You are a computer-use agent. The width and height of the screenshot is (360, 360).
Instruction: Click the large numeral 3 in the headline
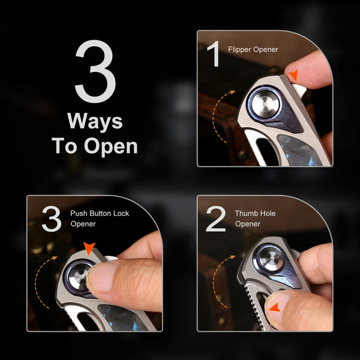95,71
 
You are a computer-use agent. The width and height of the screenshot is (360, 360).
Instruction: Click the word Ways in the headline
95,121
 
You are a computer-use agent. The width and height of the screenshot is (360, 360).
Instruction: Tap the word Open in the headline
110,147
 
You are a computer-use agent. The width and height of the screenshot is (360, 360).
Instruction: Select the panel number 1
214,54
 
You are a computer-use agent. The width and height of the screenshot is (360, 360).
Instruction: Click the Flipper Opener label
253,50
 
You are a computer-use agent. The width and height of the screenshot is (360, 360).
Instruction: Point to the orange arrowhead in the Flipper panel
293,75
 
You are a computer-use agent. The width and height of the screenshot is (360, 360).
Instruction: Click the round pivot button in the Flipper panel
266,104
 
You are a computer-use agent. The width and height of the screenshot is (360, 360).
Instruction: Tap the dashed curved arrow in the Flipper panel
220,115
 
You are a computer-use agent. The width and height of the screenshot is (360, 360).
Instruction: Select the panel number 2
216,219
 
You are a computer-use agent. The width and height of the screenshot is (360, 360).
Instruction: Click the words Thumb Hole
255,213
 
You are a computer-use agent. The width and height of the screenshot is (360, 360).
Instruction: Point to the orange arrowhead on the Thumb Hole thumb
275,308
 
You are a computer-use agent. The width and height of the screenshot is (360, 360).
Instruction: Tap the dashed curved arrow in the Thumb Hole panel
221,280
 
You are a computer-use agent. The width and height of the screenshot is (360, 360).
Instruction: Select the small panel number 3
52,218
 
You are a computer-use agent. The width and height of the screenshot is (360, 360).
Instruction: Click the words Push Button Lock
100,213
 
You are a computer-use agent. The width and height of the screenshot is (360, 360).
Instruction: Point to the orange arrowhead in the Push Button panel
89,248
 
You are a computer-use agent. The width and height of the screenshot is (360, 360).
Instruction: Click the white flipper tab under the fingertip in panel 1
299,91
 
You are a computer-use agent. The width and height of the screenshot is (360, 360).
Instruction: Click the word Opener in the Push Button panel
83,224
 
